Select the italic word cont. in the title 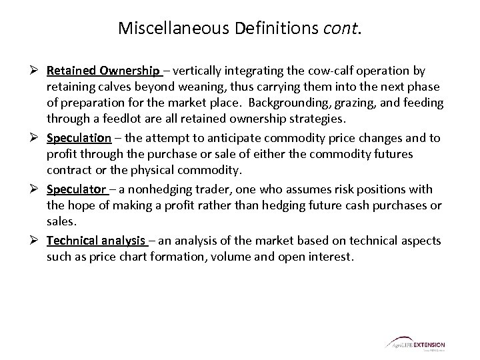(x=343, y=29)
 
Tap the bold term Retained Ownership (x=103, y=71)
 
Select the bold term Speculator (x=77, y=190)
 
